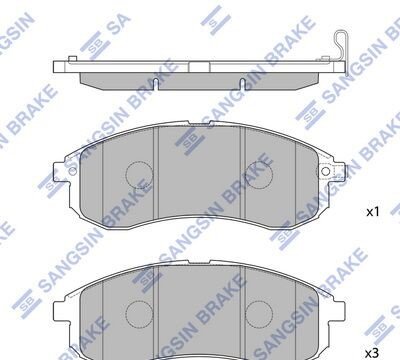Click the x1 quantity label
click(373, 212)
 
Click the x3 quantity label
click(372, 353)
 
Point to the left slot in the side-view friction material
click(155, 84)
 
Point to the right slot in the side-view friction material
click(243, 84)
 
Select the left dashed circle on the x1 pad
click(139, 175)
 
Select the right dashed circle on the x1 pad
click(259, 175)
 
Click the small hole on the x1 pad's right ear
click(326, 171)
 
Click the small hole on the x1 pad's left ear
click(72, 171)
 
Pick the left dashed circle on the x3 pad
click(139, 315)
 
